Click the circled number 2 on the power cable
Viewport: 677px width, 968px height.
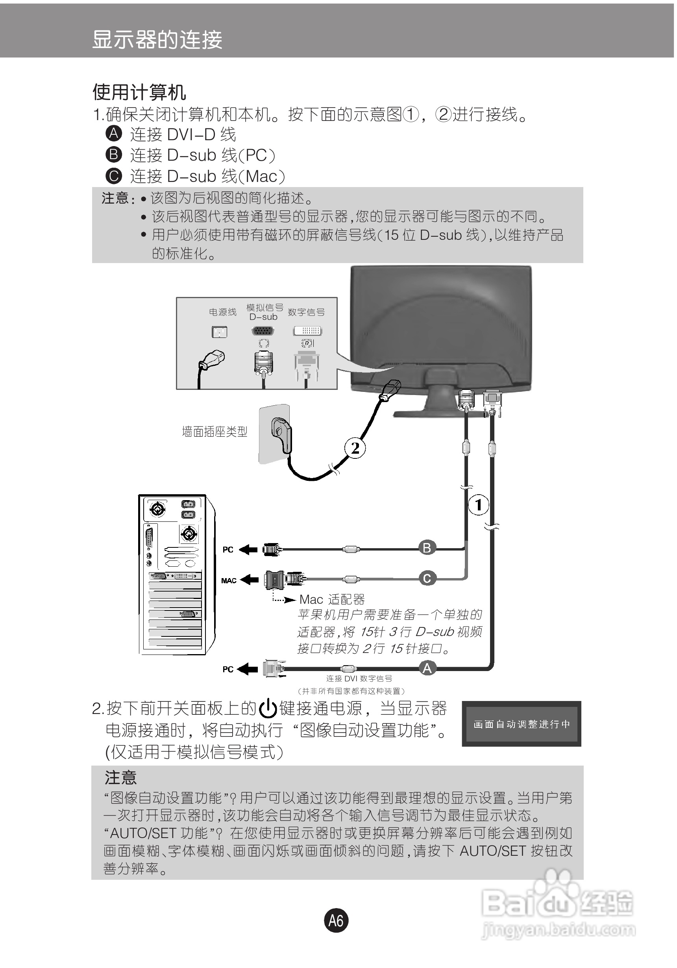[x=355, y=448]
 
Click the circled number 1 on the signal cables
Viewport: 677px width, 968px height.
[x=478, y=504]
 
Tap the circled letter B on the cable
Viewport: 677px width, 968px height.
[x=427, y=548]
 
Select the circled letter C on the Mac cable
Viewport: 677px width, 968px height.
[x=427, y=578]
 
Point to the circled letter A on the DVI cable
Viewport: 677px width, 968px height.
[x=427, y=668]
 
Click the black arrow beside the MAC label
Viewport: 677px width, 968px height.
[x=249, y=580]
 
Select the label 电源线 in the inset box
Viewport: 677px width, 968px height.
[x=222, y=312]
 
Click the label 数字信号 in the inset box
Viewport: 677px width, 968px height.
[x=306, y=312]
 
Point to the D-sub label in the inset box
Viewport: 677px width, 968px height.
[x=263, y=317]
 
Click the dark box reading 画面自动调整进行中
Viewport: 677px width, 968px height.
[x=521, y=724]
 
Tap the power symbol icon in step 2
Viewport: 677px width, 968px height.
[x=268, y=709]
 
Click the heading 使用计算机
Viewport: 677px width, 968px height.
[x=139, y=92]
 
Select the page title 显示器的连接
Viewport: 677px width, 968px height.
[x=157, y=40]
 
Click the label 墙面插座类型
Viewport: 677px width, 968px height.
[x=215, y=432]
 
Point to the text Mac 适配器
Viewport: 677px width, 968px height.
[x=332, y=599]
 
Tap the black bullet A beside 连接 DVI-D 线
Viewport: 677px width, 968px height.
[x=113, y=134]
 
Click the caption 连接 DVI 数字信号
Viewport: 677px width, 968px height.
[x=359, y=679]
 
